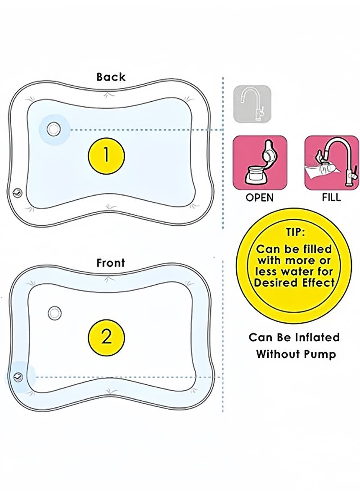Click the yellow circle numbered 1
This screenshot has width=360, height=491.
(x=106, y=156)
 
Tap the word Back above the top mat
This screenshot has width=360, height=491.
(x=111, y=77)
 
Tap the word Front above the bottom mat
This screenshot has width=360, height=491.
(x=111, y=262)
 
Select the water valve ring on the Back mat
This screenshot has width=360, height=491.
(x=54, y=128)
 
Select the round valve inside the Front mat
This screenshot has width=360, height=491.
(x=55, y=313)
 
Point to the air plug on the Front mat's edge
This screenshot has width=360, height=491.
(x=18, y=377)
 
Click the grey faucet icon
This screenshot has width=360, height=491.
(x=252, y=104)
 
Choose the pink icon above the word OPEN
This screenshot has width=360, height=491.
(x=260, y=162)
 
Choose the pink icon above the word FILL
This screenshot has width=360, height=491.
(x=332, y=162)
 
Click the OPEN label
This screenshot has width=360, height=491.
(x=260, y=198)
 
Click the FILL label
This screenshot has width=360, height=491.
(x=331, y=197)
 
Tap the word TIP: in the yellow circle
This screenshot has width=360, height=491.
(x=295, y=232)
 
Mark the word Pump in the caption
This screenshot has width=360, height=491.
(x=319, y=355)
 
